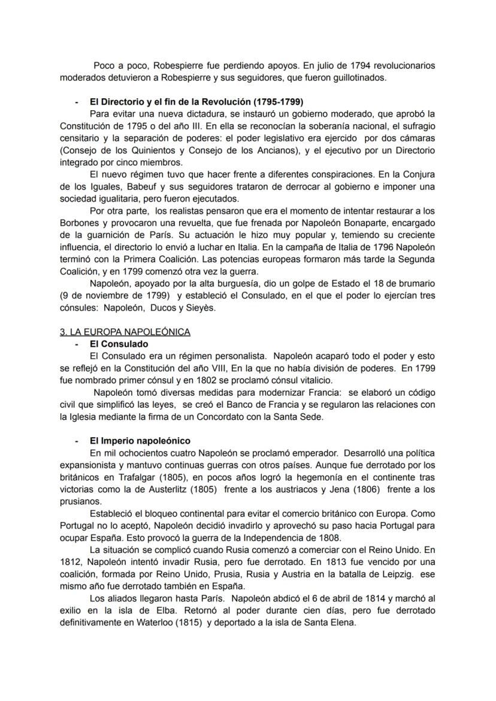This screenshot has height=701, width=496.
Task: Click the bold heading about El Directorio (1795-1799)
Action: pyautogui.click(x=196, y=101)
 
